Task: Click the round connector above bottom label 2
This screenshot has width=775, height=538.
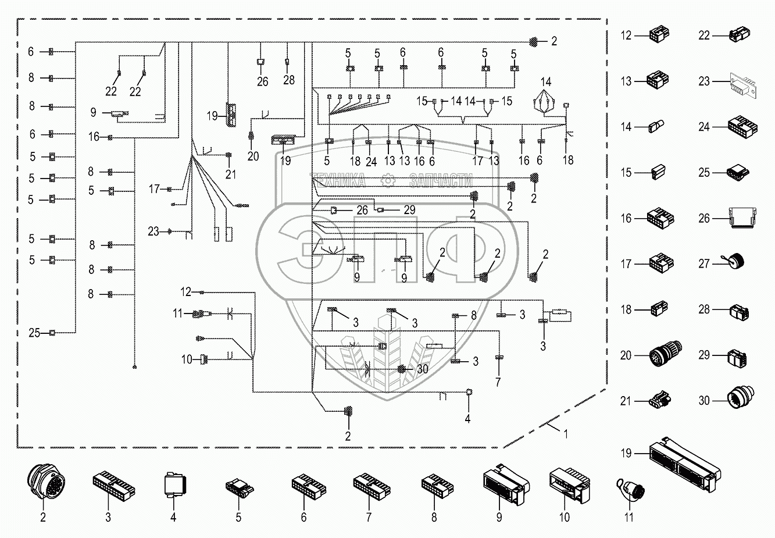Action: [x=42, y=482]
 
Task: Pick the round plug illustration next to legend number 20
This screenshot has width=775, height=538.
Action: [x=665, y=353]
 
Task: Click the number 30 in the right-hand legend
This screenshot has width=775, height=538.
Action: [x=705, y=400]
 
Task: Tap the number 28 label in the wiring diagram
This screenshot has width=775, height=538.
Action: [x=289, y=80]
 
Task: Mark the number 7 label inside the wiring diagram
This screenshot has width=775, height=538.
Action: [x=498, y=382]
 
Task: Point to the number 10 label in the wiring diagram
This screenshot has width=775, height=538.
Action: [x=186, y=360]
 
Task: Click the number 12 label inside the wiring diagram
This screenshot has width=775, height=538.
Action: [x=186, y=291]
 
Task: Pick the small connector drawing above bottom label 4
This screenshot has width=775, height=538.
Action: [x=173, y=484]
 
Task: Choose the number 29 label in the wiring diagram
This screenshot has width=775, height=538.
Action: [x=409, y=210]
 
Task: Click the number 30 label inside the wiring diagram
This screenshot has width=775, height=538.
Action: [x=423, y=369]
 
